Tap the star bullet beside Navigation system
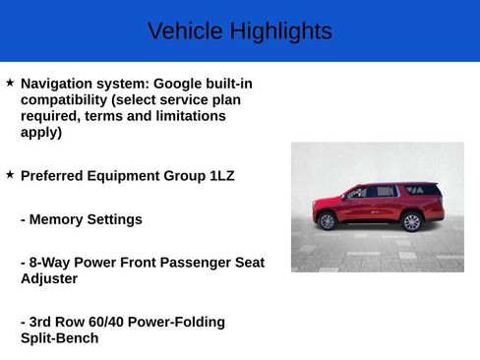10,84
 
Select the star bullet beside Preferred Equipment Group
10,174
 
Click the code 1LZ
221,176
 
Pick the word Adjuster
49,278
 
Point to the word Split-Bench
59,337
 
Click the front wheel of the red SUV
328,221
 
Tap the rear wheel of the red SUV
411,221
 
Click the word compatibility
64,99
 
